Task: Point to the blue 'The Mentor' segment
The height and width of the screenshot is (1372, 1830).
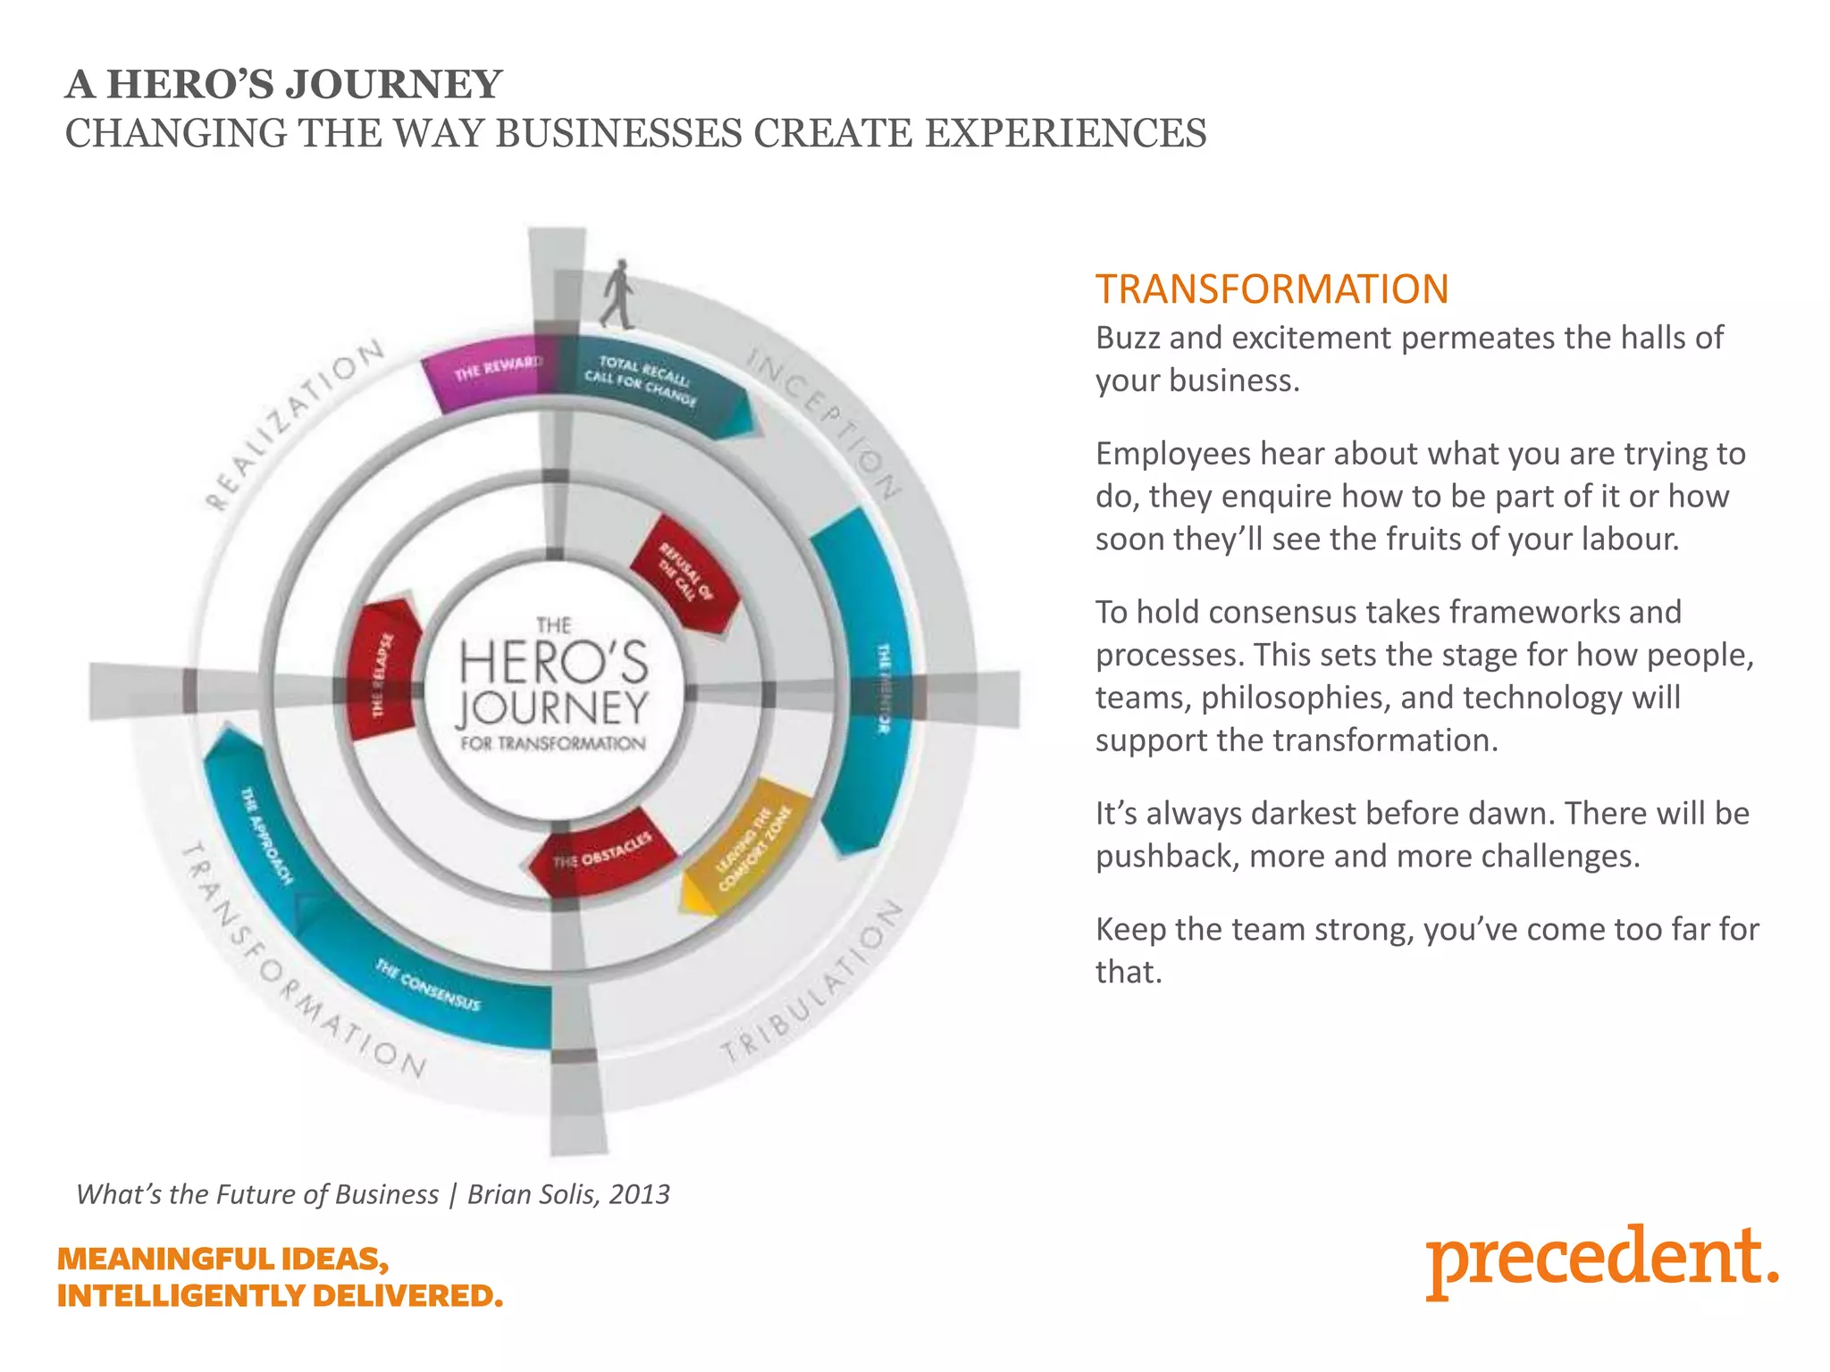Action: pyautogui.click(x=871, y=679)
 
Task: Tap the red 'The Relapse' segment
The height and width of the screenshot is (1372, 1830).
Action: pyautogui.click(x=382, y=670)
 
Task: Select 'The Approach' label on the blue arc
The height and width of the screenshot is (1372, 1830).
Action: pyautogui.click(x=267, y=834)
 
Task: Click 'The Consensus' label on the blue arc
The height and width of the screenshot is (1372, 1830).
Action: pyautogui.click(x=428, y=983)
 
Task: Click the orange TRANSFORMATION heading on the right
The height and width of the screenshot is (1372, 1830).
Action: pyautogui.click(x=1272, y=289)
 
